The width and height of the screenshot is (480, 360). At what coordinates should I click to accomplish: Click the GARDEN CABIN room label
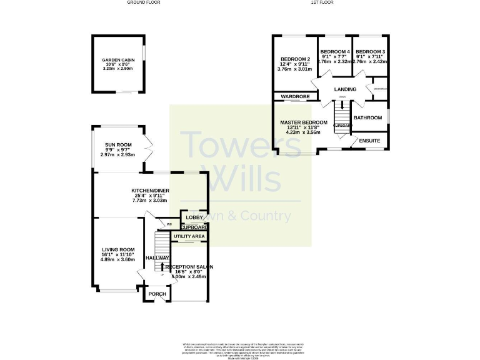pos(117,61)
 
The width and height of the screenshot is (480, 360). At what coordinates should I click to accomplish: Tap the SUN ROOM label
pos(117,144)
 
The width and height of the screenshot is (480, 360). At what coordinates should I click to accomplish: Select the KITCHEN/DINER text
pos(150,190)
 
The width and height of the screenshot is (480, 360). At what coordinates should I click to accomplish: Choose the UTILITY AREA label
pos(189,237)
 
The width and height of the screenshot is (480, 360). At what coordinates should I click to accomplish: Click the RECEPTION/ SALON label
pos(189,267)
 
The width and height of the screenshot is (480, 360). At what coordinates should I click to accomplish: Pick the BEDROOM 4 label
pos(334,51)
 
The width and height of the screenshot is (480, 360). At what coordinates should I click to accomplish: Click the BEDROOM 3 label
pos(371,51)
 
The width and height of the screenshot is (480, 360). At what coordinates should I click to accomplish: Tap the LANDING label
pos(344,89)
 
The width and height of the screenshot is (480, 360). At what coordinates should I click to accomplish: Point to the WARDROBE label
pos(295,97)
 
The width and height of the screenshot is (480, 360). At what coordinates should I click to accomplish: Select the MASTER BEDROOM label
pos(303,122)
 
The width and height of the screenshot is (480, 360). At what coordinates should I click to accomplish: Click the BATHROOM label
pos(367,117)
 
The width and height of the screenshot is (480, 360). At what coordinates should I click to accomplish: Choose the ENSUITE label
pos(369,141)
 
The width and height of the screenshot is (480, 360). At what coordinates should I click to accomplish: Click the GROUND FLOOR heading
pos(144,2)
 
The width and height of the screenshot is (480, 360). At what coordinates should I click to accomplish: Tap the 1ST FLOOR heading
pos(322,2)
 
